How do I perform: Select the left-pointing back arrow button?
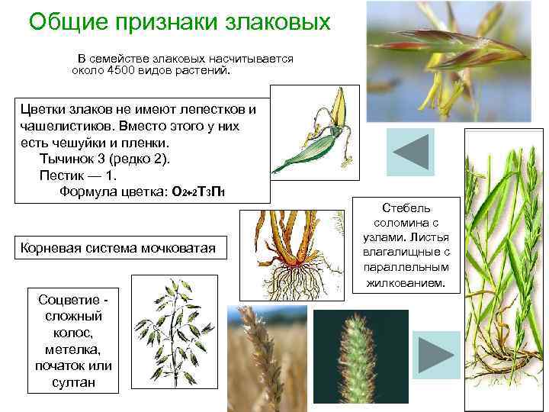point(410,150)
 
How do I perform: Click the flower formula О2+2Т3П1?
point(198,192)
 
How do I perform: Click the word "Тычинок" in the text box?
point(64,159)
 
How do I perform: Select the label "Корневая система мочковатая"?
point(118,248)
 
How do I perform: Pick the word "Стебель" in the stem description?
point(406,208)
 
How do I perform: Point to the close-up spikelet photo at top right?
point(458,61)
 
